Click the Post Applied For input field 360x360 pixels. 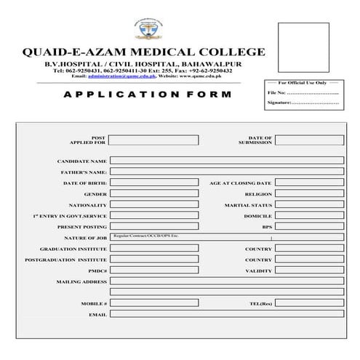(x=153, y=140)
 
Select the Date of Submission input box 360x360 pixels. (x=309, y=140)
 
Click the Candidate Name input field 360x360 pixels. (x=226, y=161)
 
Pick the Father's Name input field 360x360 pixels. (x=226, y=172)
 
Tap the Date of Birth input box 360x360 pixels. (x=153, y=183)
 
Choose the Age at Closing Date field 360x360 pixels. (x=309, y=183)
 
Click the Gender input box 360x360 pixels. (x=153, y=194)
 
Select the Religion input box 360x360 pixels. (x=309, y=194)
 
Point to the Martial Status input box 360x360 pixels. (x=309, y=205)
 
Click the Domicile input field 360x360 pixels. (x=309, y=216)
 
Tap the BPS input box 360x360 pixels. (x=309, y=227)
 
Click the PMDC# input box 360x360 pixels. (x=153, y=271)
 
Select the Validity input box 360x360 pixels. (x=309, y=271)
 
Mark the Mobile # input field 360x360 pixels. (x=153, y=303)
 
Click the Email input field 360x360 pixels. (x=226, y=314)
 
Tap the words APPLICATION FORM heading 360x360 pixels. (x=148, y=95)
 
